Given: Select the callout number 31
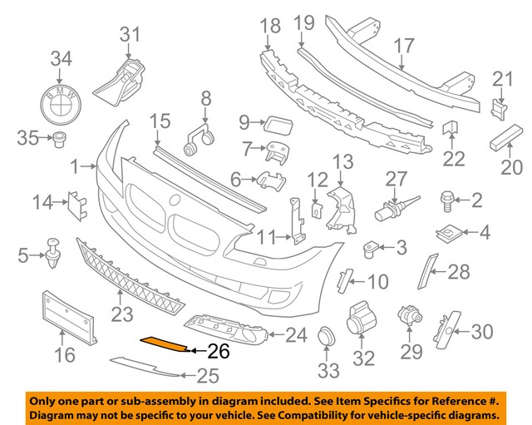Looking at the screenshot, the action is pyautogui.click(x=130, y=35).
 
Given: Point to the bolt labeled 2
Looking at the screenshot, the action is pyautogui.click(x=446, y=199).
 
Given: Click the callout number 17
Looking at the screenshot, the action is pyautogui.click(x=403, y=45).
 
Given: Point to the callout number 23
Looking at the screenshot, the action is pyautogui.click(x=122, y=315).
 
